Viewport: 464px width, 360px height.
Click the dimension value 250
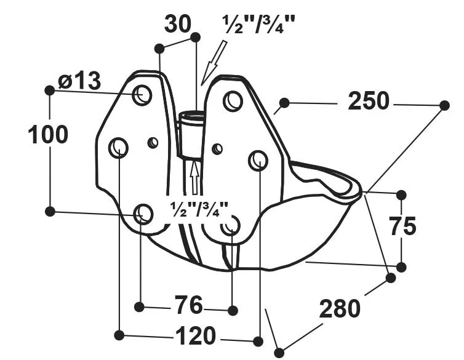[369, 101]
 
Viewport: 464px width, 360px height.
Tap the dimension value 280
[339, 308]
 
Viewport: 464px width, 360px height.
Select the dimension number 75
[402, 226]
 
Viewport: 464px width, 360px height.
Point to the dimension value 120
[196, 336]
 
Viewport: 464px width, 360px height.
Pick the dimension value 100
[48, 135]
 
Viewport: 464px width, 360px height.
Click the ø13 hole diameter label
[79, 81]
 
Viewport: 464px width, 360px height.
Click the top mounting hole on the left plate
[143, 95]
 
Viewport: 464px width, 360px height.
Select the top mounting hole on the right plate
[233, 100]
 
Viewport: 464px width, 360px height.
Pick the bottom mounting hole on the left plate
[143, 214]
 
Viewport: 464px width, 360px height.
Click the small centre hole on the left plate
[153, 143]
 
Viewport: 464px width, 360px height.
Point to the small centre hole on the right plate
[217, 148]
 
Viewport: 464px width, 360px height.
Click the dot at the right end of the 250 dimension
[444, 105]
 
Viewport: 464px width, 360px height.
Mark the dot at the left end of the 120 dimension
[119, 335]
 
